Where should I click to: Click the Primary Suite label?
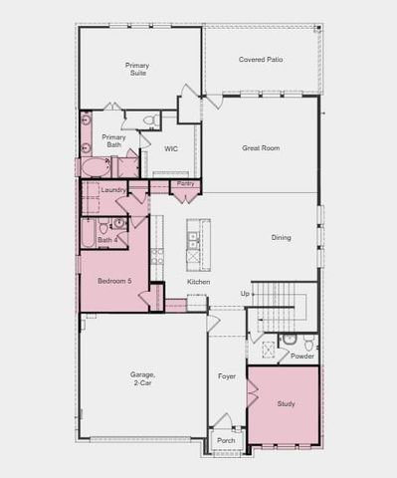point(137,69)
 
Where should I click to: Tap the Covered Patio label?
point(261,60)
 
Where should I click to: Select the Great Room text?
point(261,147)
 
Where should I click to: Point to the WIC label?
point(171,148)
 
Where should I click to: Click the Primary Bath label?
point(113,141)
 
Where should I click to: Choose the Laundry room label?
point(112,189)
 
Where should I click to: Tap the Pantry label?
point(185,183)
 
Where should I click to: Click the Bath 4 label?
point(107,240)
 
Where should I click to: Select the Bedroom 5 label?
point(113,281)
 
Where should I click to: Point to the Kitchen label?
point(199,282)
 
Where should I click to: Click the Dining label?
point(282,237)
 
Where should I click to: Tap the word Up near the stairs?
point(245,294)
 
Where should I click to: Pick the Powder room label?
point(302,356)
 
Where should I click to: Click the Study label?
point(286,403)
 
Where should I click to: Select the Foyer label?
point(227,376)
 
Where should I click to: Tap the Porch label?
point(226,440)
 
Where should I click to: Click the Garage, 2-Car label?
point(141,378)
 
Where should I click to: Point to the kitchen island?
point(192,244)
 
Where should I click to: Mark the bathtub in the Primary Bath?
point(97,167)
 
